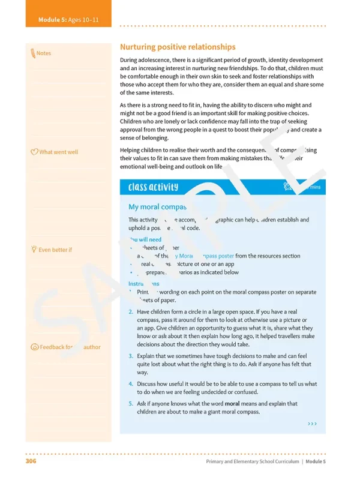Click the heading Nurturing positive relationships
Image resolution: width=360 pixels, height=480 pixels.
tap(178, 47)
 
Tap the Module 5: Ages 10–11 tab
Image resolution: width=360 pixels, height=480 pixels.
tap(68, 20)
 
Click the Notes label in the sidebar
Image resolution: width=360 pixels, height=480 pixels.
tap(44, 53)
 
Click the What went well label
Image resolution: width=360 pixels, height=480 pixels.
tap(58, 152)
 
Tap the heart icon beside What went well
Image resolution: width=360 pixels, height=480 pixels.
tap(34, 152)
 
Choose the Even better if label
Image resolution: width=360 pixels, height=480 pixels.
tap(55, 250)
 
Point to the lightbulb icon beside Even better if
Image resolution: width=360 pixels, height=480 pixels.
tap(34, 249)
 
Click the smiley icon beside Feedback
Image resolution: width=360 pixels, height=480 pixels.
tap(34, 347)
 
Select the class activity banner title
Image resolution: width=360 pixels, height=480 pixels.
tap(153, 187)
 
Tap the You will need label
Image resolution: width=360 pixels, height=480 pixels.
tap(145, 239)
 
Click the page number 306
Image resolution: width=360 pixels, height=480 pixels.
tap(32, 461)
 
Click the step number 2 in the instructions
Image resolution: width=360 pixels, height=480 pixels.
tap(131, 312)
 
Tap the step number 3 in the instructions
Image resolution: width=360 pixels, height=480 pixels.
tap(131, 356)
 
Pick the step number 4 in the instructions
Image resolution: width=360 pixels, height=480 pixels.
tap(131, 384)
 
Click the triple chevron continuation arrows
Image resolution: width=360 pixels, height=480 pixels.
tap(312, 424)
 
